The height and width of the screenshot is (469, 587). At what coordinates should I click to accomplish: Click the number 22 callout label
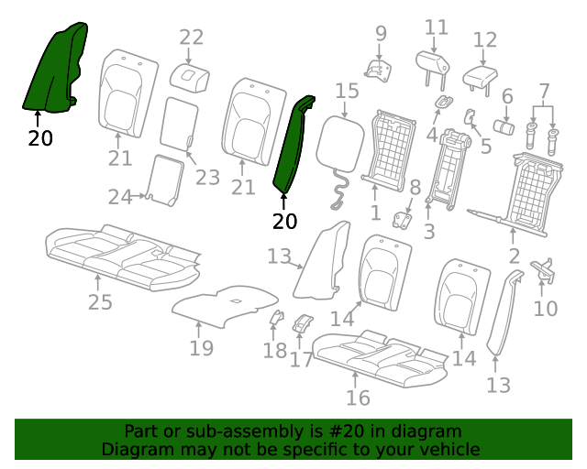click(x=192, y=38)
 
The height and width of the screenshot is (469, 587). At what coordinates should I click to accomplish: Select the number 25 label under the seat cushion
click(x=100, y=301)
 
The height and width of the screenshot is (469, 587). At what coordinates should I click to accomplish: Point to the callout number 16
click(x=358, y=398)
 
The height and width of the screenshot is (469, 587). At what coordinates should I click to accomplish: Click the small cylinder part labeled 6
click(x=504, y=127)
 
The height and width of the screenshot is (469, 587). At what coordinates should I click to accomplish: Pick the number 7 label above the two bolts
click(x=544, y=91)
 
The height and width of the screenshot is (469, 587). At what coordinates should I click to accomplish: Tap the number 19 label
click(x=202, y=348)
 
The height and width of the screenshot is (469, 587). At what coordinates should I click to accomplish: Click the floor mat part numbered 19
click(x=225, y=306)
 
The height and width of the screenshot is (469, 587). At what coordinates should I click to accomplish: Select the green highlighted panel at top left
click(x=55, y=67)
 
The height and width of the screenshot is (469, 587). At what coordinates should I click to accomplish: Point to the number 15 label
click(x=347, y=91)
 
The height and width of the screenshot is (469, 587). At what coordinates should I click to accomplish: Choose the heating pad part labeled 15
click(x=340, y=144)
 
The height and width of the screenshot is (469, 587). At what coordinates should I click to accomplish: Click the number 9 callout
click(x=381, y=34)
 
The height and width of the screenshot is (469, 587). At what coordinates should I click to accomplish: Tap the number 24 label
click(x=120, y=197)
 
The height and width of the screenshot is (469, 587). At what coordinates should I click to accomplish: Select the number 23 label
click(x=207, y=178)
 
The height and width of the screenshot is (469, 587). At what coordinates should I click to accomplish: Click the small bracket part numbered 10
click(x=543, y=271)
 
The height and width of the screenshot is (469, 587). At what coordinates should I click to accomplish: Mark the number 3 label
click(x=429, y=232)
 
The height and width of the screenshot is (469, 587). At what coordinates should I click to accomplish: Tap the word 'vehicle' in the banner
click(x=451, y=449)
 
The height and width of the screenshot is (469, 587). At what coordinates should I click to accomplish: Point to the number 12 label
click(x=485, y=40)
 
